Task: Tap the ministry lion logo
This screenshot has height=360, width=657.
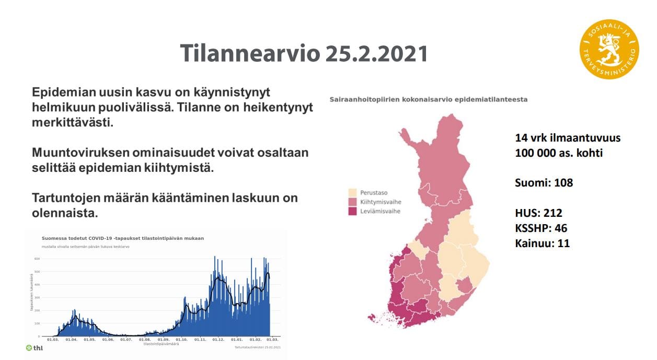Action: [x=609, y=50]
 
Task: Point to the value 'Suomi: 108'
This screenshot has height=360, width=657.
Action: [x=544, y=183]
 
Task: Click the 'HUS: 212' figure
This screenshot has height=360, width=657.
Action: [x=538, y=213]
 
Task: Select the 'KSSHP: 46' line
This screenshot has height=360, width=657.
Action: [x=541, y=228]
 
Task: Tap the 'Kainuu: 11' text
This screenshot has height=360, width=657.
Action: [x=542, y=243]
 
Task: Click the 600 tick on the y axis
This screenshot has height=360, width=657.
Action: [x=37, y=259]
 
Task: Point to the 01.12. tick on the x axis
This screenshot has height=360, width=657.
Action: [x=218, y=340]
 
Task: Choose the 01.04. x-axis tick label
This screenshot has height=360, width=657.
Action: [x=71, y=340]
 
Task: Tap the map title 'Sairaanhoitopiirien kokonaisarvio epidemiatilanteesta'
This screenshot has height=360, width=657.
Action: [x=428, y=99]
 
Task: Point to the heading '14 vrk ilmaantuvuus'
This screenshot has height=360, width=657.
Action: [x=568, y=138]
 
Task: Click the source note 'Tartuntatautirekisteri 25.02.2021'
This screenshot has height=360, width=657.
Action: [x=258, y=347]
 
